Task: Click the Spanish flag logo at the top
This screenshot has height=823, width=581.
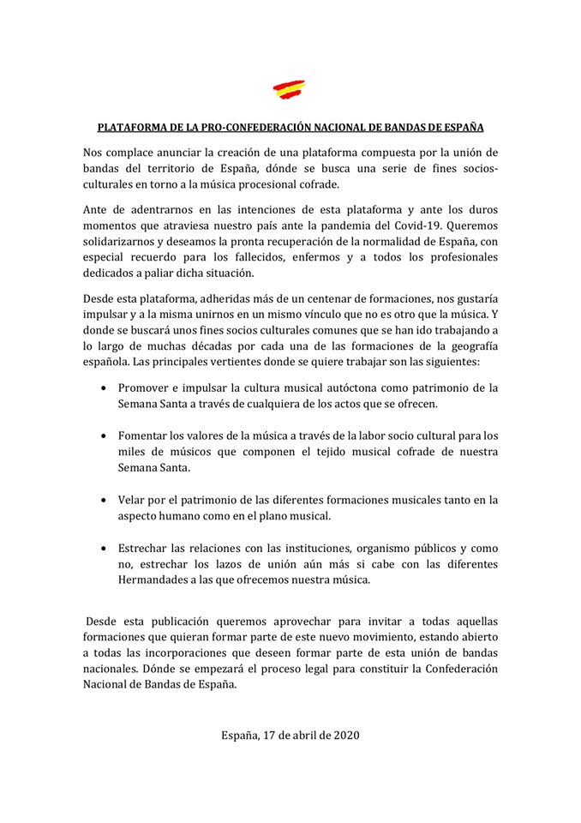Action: coord(290,89)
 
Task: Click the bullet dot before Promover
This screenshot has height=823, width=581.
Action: coord(104,388)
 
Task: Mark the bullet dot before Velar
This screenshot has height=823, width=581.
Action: coord(104,500)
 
